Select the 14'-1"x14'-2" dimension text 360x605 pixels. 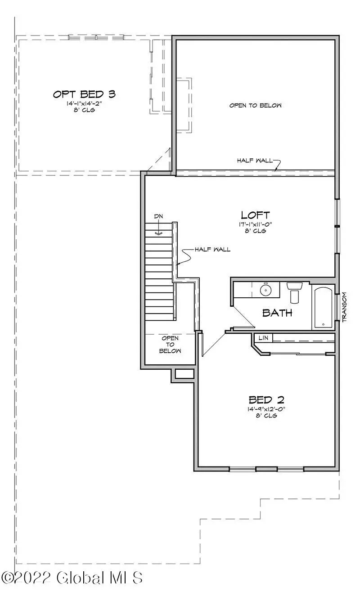pyautogui.click(x=84, y=103)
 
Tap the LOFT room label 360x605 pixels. pyautogui.click(x=255, y=215)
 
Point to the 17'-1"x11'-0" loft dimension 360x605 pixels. pyautogui.click(x=255, y=224)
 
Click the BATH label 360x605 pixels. pyautogui.click(x=277, y=313)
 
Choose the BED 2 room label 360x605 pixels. pyautogui.click(x=266, y=399)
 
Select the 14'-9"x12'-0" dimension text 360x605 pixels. pyautogui.click(x=266, y=409)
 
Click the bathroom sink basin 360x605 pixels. pyautogui.click(x=266, y=291)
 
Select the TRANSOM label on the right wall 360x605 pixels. pyautogui.click(x=345, y=307)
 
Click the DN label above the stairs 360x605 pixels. pyautogui.click(x=158, y=216)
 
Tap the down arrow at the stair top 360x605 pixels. pyautogui.click(x=158, y=233)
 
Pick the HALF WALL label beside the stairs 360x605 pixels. pyautogui.click(x=212, y=249)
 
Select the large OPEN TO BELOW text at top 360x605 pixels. pyautogui.click(x=255, y=105)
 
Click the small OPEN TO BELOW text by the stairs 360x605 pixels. pyautogui.click(x=170, y=344)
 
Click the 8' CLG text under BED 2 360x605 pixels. pyautogui.click(x=266, y=416)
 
